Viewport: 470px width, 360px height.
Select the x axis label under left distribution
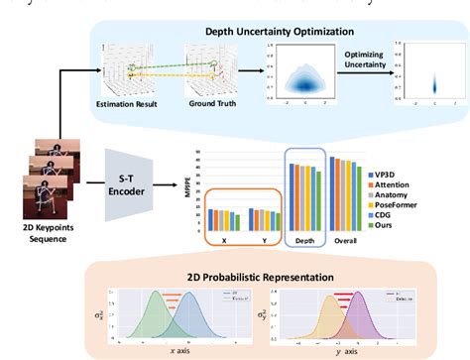coord(170,351)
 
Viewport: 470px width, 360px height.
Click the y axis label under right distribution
coord(353,351)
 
